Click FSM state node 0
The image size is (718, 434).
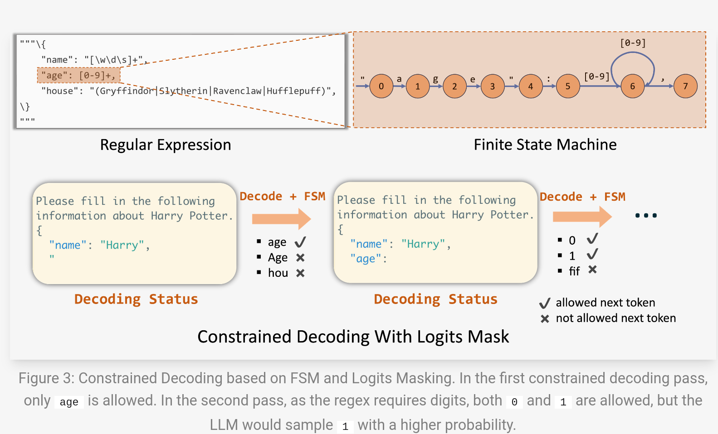pos(381,86)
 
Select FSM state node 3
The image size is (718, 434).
pos(492,86)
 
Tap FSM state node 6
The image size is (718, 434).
pos(632,86)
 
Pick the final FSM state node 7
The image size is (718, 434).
pos(685,86)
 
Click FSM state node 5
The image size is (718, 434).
pos(567,86)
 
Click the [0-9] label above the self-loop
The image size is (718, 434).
pos(633,43)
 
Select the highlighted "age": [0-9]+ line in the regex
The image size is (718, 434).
pos(78,75)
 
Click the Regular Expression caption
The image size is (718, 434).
pos(166,145)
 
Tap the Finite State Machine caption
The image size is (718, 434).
pos(545,145)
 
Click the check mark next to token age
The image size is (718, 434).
pos(300,242)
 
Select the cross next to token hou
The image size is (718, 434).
pos(300,273)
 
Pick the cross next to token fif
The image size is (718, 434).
pos(592,270)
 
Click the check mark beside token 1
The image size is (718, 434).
pos(592,255)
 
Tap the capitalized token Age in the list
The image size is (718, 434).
pos(278,258)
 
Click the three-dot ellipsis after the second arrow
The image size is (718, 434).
pos(646,216)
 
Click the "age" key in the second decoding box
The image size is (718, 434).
pos(366,259)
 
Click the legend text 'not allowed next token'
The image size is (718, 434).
pos(615,318)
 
